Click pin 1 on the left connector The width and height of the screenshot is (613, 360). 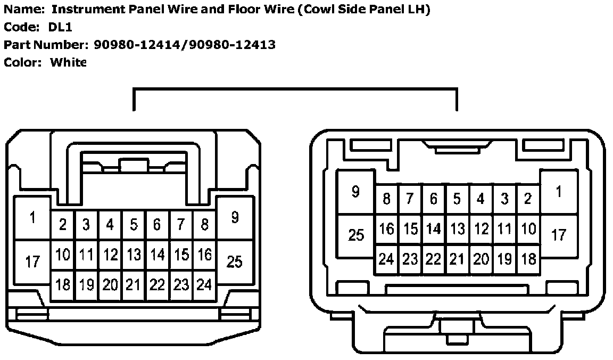pos(32,218)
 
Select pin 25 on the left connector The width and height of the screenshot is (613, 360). pos(234,261)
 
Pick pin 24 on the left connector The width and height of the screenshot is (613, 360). pos(204,285)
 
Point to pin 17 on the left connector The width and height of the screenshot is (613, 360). pos(32,261)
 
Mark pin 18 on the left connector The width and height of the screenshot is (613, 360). pos(63,285)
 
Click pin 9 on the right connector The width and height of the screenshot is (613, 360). pos(355,192)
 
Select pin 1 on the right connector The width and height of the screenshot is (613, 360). pos(558,192)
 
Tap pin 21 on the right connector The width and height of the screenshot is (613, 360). pos(457,259)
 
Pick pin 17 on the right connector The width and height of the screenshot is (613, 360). pos(558,234)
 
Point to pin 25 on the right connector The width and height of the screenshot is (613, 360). pos(355,235)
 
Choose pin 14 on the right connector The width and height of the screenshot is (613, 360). pos(434,230)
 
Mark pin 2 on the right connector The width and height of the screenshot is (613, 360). pos(528,199)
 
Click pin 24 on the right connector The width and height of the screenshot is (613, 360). pos(386,259)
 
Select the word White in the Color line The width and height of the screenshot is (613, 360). pos(68,62)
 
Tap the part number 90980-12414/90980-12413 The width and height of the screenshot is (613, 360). pos(185,45)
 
